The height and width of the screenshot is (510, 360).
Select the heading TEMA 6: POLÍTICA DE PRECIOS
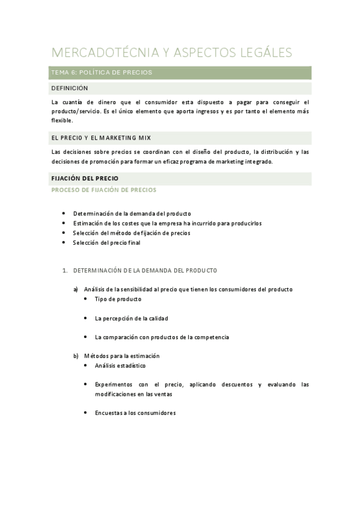point(102,73)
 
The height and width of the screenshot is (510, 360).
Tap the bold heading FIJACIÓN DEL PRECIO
point(85,179)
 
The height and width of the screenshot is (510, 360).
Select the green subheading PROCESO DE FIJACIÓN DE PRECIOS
point(103,189)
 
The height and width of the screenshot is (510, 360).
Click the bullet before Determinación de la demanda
point(64,214)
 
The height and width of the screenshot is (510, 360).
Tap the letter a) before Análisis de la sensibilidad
point(76,289)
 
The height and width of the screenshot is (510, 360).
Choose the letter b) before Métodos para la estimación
point(76,356)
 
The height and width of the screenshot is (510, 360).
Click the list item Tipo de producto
point(118,299)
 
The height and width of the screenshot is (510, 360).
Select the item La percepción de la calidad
point(131,318)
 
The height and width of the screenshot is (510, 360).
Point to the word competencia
point(212,337)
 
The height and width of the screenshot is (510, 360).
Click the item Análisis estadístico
point(120,366)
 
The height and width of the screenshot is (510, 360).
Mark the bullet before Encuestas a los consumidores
point(87,413)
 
